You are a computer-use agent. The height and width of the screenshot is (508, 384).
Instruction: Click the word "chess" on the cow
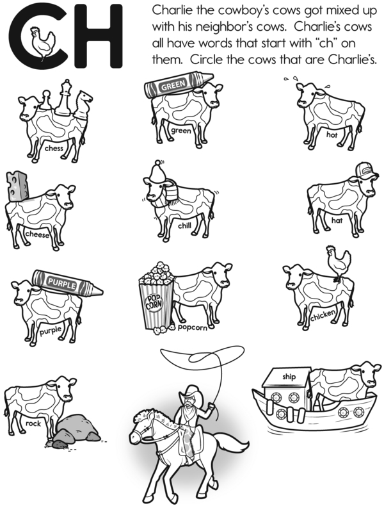coord(54,149)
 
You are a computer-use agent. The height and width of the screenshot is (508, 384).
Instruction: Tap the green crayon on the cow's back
coord(179,85)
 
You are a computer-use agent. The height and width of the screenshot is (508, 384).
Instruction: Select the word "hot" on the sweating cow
coord(332,135)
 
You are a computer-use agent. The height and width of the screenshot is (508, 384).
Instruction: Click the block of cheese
coord(17,186)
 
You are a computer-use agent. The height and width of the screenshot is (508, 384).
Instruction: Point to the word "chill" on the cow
coord(184,225)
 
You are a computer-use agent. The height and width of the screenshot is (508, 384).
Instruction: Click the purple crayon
coord(67,283)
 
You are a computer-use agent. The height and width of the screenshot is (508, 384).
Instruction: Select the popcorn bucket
coord(156,298)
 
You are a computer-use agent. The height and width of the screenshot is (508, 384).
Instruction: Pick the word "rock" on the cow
coord(33,423)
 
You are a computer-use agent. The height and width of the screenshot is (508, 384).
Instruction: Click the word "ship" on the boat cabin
coord(289,377)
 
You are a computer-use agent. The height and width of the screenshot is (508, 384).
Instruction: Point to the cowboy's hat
coord(191,392)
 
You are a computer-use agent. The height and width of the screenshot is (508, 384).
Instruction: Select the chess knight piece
coord(83,104)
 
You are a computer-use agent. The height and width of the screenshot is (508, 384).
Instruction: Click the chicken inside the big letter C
coord(42,42)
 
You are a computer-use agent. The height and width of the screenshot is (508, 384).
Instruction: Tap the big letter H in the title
coord(98,37)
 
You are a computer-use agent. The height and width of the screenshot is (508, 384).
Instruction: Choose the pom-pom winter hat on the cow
coord(159,170)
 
